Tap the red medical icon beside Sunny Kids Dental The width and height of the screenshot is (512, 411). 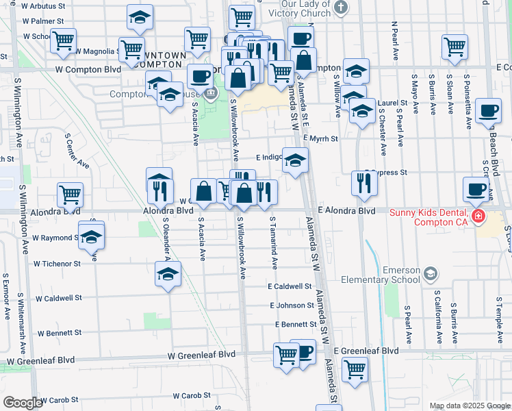point(478,217)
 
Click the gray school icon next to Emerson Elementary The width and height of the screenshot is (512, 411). point(430,274)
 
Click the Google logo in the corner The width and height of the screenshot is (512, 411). point(23,403)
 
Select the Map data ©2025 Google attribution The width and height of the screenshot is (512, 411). point(469,406)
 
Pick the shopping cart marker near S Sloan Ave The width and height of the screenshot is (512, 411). point(455,47)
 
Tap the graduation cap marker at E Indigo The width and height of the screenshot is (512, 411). point(296,160)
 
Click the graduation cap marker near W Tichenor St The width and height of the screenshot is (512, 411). point(167,275)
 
